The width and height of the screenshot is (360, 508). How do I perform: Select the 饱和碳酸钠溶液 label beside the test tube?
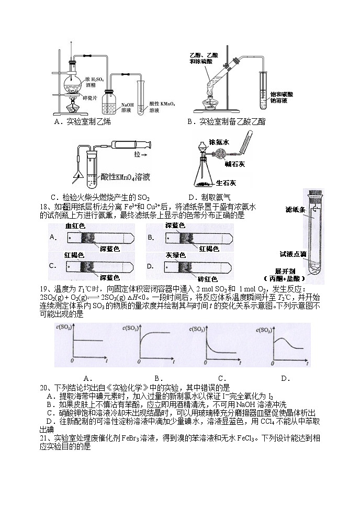282,97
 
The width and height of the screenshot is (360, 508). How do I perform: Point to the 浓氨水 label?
219,142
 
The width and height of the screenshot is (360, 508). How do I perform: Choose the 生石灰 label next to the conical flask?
227,183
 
